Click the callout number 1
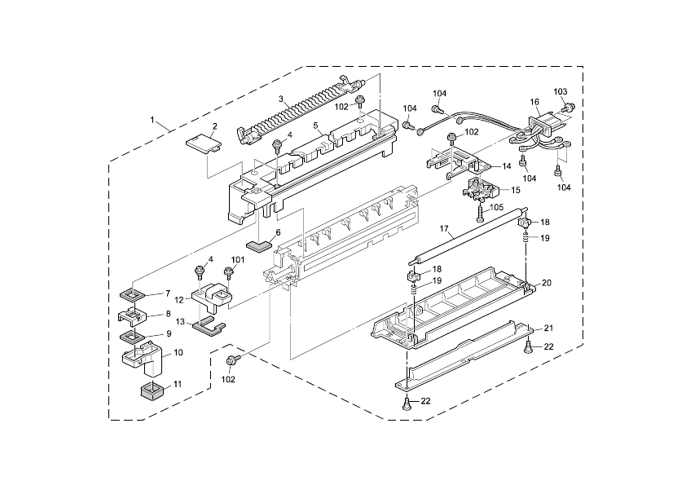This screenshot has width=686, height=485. click(152, 120)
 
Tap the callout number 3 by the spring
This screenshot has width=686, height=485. click(281, 99)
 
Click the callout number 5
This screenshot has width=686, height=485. click(314, 126)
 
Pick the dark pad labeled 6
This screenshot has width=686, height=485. click(260, 244)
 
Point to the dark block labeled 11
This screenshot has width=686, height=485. click(148, 390)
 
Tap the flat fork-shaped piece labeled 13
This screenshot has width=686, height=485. click(209, 328)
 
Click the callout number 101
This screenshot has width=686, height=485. click(237, 260)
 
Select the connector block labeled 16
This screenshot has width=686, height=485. click(542, 126)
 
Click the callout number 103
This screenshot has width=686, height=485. click(561, 91)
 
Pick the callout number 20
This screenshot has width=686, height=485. click(547, 283)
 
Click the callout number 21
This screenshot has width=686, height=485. click(548, 328)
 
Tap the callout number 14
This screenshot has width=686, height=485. click(506, 166)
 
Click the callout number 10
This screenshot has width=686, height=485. click(178, 352)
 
